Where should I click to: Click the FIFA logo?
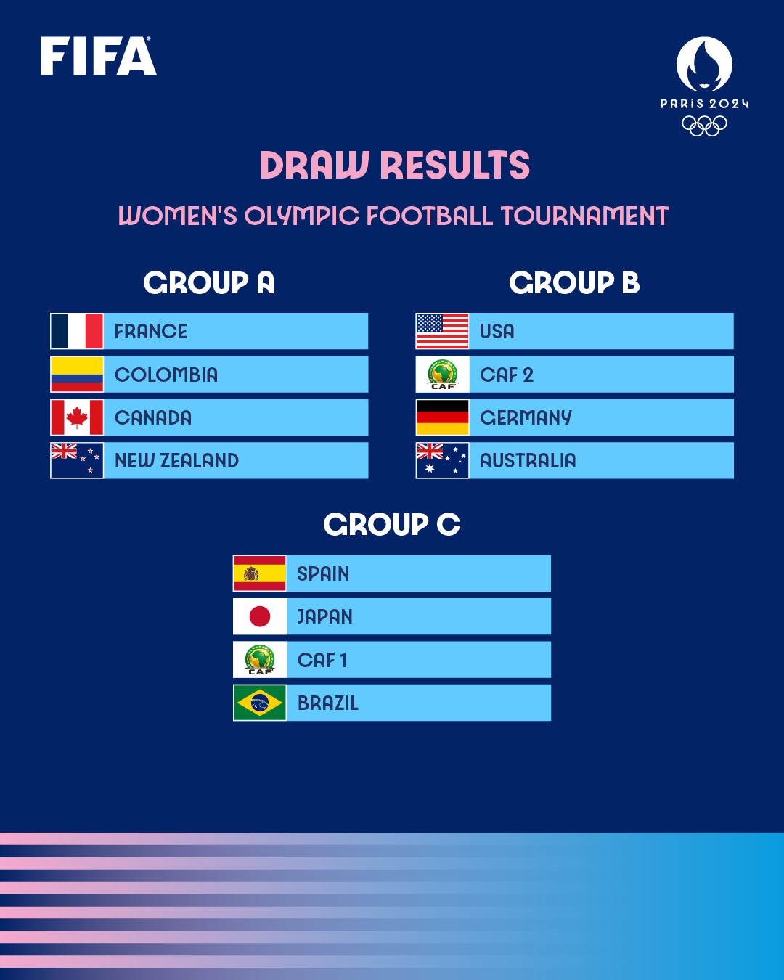(98, 57)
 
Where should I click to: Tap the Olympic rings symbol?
(704, 126)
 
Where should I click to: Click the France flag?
(77, 331)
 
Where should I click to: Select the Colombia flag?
(77, 375)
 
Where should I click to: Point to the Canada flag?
(77, 417)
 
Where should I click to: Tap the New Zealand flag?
(77, 460)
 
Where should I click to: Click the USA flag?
(442, 331)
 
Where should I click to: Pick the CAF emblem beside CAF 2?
(442, 375)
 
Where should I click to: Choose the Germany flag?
(442, 417)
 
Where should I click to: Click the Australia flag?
(442, 460)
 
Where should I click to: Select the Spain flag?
(259, 573)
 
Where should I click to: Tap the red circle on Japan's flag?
(259, 616)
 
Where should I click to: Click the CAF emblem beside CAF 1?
(259, 660)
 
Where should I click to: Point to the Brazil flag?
(259, 703)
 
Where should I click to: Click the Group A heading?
(208, 282)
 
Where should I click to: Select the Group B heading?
(574, 282)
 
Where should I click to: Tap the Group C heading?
(391, 524)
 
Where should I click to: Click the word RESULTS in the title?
(455, 166)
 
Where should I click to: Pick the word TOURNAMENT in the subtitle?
(584, 216)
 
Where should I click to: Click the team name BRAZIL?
(328, 703)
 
